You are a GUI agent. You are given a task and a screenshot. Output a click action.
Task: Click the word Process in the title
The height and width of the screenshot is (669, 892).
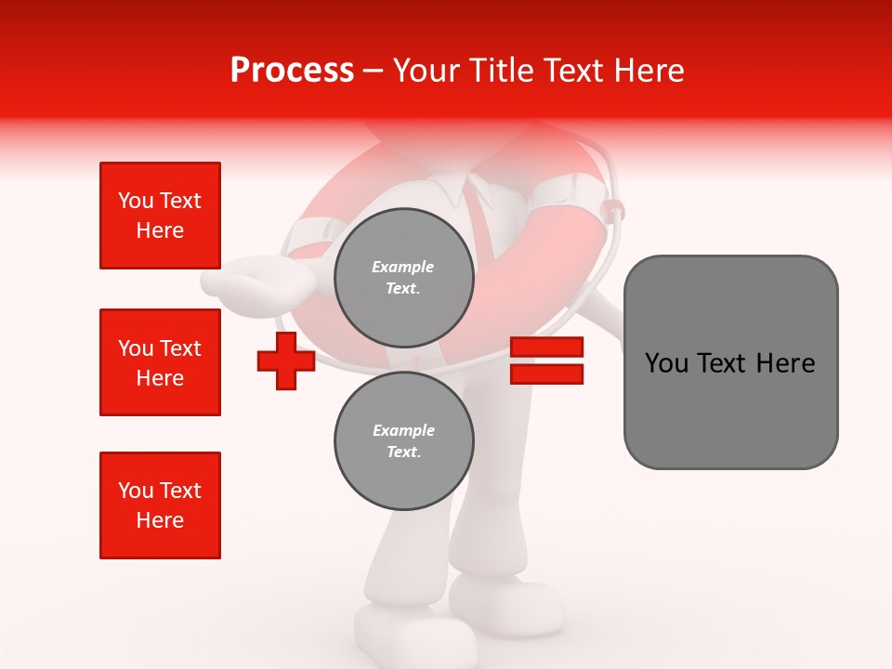[x=292, y=71]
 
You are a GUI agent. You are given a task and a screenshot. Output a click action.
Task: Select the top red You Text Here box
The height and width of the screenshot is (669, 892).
[x=160, y=216]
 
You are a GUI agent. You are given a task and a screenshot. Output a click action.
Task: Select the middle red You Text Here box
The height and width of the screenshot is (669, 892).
[x=160, y=362]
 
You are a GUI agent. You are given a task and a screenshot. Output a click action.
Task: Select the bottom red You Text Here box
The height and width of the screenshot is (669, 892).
[x=160, y=505]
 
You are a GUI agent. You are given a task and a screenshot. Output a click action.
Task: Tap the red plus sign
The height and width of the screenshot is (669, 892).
[x=285, y=361]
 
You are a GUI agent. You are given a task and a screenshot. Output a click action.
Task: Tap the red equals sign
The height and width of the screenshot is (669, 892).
[x=546, y=361]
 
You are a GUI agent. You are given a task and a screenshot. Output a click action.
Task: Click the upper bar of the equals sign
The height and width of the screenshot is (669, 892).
[x=546, y=348]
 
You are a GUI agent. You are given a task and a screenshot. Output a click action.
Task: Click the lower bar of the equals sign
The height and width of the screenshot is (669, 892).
[x=546, y=374]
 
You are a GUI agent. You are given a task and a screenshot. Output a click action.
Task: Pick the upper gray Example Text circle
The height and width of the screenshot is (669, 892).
[x=403, y=277]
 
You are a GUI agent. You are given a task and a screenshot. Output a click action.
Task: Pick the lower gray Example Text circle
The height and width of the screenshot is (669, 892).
[x=403, y=440]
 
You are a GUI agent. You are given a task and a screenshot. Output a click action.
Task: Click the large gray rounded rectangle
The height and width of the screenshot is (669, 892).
[x=730, y=362]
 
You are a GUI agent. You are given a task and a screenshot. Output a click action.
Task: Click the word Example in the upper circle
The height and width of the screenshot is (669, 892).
[x=403, y=267]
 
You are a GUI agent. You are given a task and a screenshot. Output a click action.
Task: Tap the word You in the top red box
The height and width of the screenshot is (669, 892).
[x=134, y=201]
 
